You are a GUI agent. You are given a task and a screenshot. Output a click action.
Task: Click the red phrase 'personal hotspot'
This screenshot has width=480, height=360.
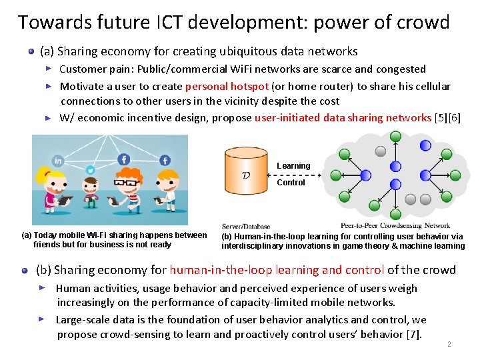[227, 86]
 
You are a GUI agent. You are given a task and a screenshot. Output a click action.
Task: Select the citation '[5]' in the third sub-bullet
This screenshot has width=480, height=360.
[441, 118]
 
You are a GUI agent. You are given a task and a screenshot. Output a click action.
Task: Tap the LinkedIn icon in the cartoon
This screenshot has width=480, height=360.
[58, 161]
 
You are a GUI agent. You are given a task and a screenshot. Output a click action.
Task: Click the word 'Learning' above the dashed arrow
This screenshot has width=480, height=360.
[293, 165]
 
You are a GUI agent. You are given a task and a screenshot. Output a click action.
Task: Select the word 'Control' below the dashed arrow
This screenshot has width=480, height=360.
[291, 183]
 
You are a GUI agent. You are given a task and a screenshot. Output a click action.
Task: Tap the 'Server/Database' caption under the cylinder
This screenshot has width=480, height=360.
[246, 226]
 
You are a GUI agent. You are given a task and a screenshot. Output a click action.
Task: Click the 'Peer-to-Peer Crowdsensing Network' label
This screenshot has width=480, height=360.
[395, 225]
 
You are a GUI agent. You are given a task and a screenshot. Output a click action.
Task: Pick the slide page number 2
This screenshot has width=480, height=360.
[449, 345]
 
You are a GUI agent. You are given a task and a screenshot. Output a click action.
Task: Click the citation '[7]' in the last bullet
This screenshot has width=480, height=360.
[413, 335]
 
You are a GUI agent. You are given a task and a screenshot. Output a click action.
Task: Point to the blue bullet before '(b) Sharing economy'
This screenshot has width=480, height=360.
[24, 271]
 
